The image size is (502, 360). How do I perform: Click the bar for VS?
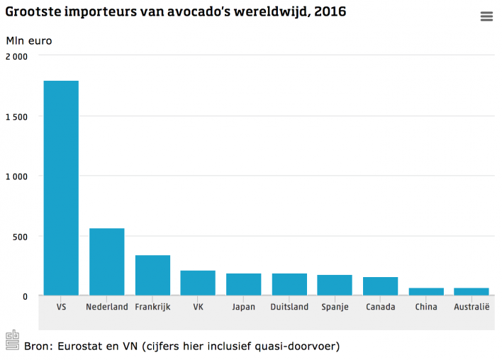[x=61, y=188]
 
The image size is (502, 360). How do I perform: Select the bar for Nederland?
[x=106, y=261]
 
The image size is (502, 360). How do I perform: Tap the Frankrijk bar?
[x=152, y=275]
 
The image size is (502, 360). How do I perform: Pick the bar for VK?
[x=198, y=283]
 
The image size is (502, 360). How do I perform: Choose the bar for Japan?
[x=243, y=284]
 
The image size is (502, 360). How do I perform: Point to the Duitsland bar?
[x=289, y=284]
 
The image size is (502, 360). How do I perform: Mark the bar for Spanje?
[x=335, y=285]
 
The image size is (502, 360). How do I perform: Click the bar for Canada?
[x=380, y=286]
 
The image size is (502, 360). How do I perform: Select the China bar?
[x=426, y=291]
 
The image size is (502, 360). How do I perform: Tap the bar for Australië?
[x=472, y=291]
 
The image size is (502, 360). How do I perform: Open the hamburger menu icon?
[x=486, y=17]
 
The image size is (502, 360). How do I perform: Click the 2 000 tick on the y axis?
[x=16, y=57]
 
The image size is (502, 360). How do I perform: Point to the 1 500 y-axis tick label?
[x=16, y=116]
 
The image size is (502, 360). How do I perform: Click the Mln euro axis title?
[x=29, y=40]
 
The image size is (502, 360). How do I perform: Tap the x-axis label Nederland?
[x=106, y=307]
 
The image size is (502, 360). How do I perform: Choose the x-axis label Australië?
[x=472, y=307]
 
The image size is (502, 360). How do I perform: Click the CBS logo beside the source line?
[x=13, y=340]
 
